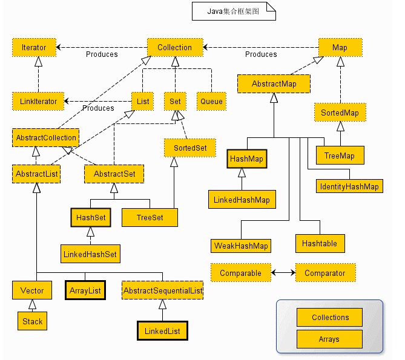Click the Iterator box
(34, 47)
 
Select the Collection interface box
(174, 47)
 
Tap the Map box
(340, 47)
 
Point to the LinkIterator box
(39, 101)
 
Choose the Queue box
(211, 101)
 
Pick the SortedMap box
(340, 113)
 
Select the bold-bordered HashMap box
(247, 159)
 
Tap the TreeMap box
(339, 155)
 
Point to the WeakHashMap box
(240, 246)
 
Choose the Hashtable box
(320, 243)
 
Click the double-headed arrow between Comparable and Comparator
(283, 273)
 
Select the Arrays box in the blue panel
(329, 339)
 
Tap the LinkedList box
(162, 331)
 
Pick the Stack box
(33, 321)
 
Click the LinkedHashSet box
(90, 254)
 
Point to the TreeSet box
(150, 217)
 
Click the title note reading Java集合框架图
(233, 11)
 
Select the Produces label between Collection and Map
(261, 54)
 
